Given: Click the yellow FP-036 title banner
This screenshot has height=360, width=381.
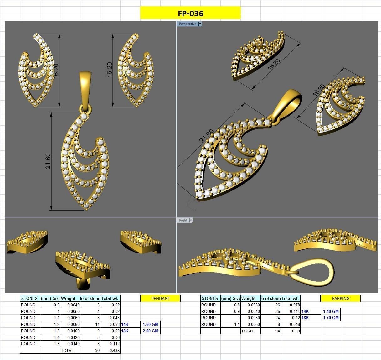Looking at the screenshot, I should pos(190,13).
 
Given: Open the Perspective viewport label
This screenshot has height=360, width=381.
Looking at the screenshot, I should pos(188,24).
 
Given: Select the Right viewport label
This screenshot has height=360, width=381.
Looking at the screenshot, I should pos(183,220).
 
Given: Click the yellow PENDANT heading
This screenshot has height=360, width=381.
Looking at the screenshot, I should pos(160,298).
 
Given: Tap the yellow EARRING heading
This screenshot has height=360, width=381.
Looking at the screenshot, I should pos(341,298).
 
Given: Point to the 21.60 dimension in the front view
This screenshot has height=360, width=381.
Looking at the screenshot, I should pos(48,161).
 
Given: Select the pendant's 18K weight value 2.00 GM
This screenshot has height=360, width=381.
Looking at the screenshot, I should pos(150,331).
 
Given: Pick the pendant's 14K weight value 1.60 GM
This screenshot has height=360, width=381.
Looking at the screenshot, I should pos(150,324).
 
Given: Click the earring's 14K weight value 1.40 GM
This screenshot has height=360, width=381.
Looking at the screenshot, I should pos(331,311).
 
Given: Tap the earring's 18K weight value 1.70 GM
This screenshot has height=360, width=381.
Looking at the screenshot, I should pos(331,318).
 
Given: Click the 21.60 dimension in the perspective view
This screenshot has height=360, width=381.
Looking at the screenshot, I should pos(207,135).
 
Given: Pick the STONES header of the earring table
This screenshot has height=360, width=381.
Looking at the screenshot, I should pos(210,298).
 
